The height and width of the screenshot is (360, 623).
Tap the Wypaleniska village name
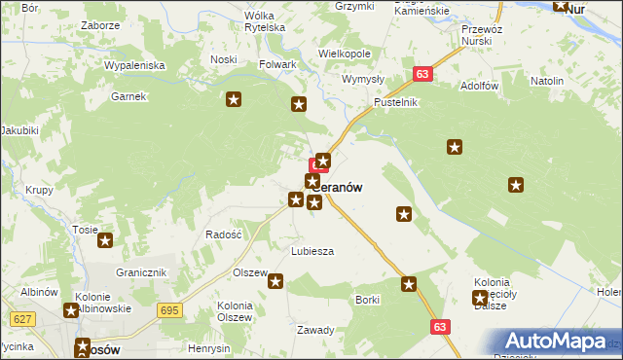click(136, 65)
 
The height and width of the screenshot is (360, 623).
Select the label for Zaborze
click(100, 25)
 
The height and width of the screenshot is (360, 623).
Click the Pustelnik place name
click(395, 102)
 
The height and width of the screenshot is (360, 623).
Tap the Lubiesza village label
click(312, 251)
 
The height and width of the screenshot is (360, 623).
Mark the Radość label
click(223, 234)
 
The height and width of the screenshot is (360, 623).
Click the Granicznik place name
click(142, 272)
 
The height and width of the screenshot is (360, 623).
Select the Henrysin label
click(209, 348)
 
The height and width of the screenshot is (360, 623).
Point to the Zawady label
click(315, 329)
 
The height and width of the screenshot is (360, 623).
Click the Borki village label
click(367, 300)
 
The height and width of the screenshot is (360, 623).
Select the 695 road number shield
click(170, 309)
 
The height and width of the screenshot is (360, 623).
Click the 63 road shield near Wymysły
click(422, 74)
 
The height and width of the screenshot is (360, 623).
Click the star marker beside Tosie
click(105, 240)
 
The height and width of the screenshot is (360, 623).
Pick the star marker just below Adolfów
click(455, 147)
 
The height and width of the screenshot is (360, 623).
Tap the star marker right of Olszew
click(275, 282)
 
